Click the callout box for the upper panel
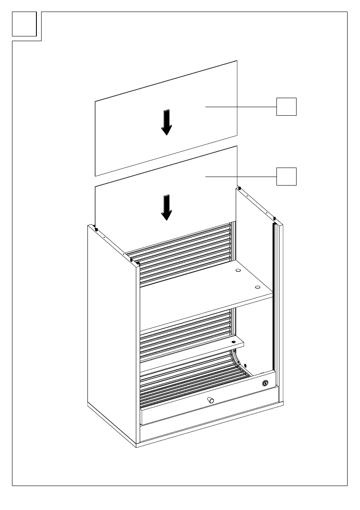coord(286,106)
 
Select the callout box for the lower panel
coord(286,176)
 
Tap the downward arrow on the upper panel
coord(166,123)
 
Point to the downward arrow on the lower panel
coord(166,207)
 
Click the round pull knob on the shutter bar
coord(210,400)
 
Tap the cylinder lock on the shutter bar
coord(265,383)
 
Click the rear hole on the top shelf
coord(238,271)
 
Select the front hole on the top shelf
coord(257,287)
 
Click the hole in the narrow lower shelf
coord(233,342)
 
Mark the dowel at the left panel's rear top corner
coord(96,229)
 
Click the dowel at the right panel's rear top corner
coord(240,188)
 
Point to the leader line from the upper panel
coord(240,106)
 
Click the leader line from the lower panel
coord(240,176)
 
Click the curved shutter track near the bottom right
coord(237,358)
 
